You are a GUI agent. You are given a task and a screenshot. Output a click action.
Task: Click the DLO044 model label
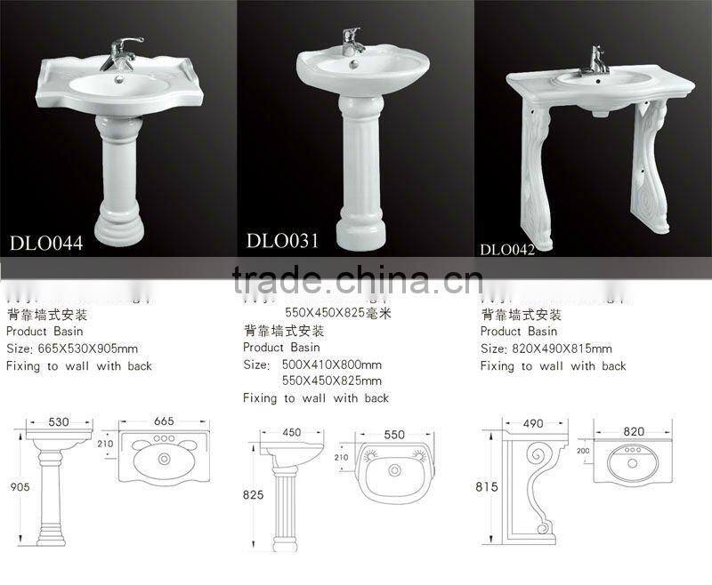46,244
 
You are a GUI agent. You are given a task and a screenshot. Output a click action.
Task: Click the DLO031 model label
284,239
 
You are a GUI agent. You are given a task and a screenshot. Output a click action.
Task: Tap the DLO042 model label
507,250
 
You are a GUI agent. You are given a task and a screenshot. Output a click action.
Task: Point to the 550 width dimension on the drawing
395,435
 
